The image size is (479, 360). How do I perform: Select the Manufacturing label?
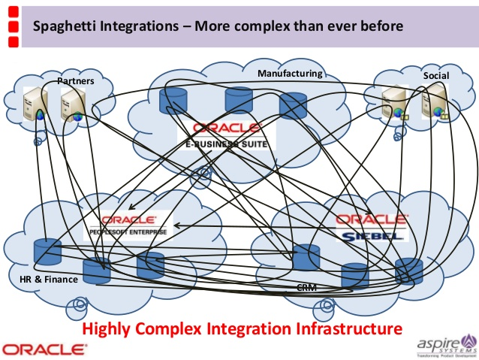(x=290, y=74)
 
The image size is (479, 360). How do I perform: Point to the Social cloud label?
(x=435, y=77)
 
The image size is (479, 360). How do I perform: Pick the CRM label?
(x=306, y=287)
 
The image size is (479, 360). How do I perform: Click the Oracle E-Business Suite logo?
(x=227, y=134)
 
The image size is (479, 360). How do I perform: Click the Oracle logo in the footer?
(x=44, y=349)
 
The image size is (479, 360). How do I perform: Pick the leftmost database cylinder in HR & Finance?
(x=47, y=253)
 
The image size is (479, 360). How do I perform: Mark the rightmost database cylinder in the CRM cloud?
(x=408, y=271)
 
